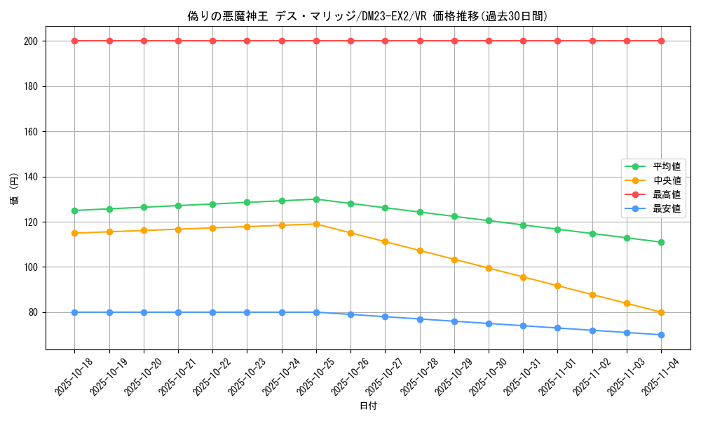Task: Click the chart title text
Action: pos(368,15)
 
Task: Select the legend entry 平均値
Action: pos(667,166)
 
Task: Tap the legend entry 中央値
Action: pos(667,180)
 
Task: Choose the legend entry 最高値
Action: pos(667,194)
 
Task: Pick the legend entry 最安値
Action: pos(667,208)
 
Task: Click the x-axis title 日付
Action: pos(368,406)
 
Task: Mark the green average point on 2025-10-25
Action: pos(316,199)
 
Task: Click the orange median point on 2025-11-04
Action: pos(661,312)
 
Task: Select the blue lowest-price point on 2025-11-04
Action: pos(661,335)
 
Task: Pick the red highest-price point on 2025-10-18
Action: pos(74,41)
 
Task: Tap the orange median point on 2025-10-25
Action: pos(316,224)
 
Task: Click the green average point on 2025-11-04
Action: pos(661,242)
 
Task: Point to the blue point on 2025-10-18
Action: pos(74,312)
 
